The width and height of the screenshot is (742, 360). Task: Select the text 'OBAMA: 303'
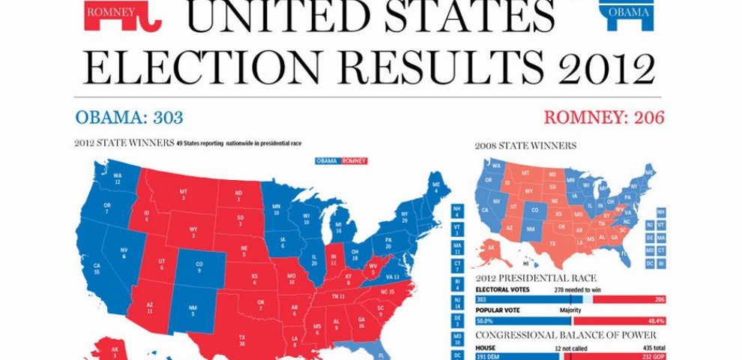click(x=129, y=118)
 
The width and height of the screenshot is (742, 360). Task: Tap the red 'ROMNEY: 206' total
click(x=603, y=118)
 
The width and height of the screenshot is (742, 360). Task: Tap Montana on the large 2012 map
click(x=183, y=196)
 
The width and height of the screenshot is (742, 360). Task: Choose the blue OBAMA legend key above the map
click(x=327, y=161)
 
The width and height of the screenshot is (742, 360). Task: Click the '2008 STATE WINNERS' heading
click(x=526, y=145)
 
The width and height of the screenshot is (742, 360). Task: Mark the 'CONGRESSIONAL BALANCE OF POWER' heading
click(x=566, y=334)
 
